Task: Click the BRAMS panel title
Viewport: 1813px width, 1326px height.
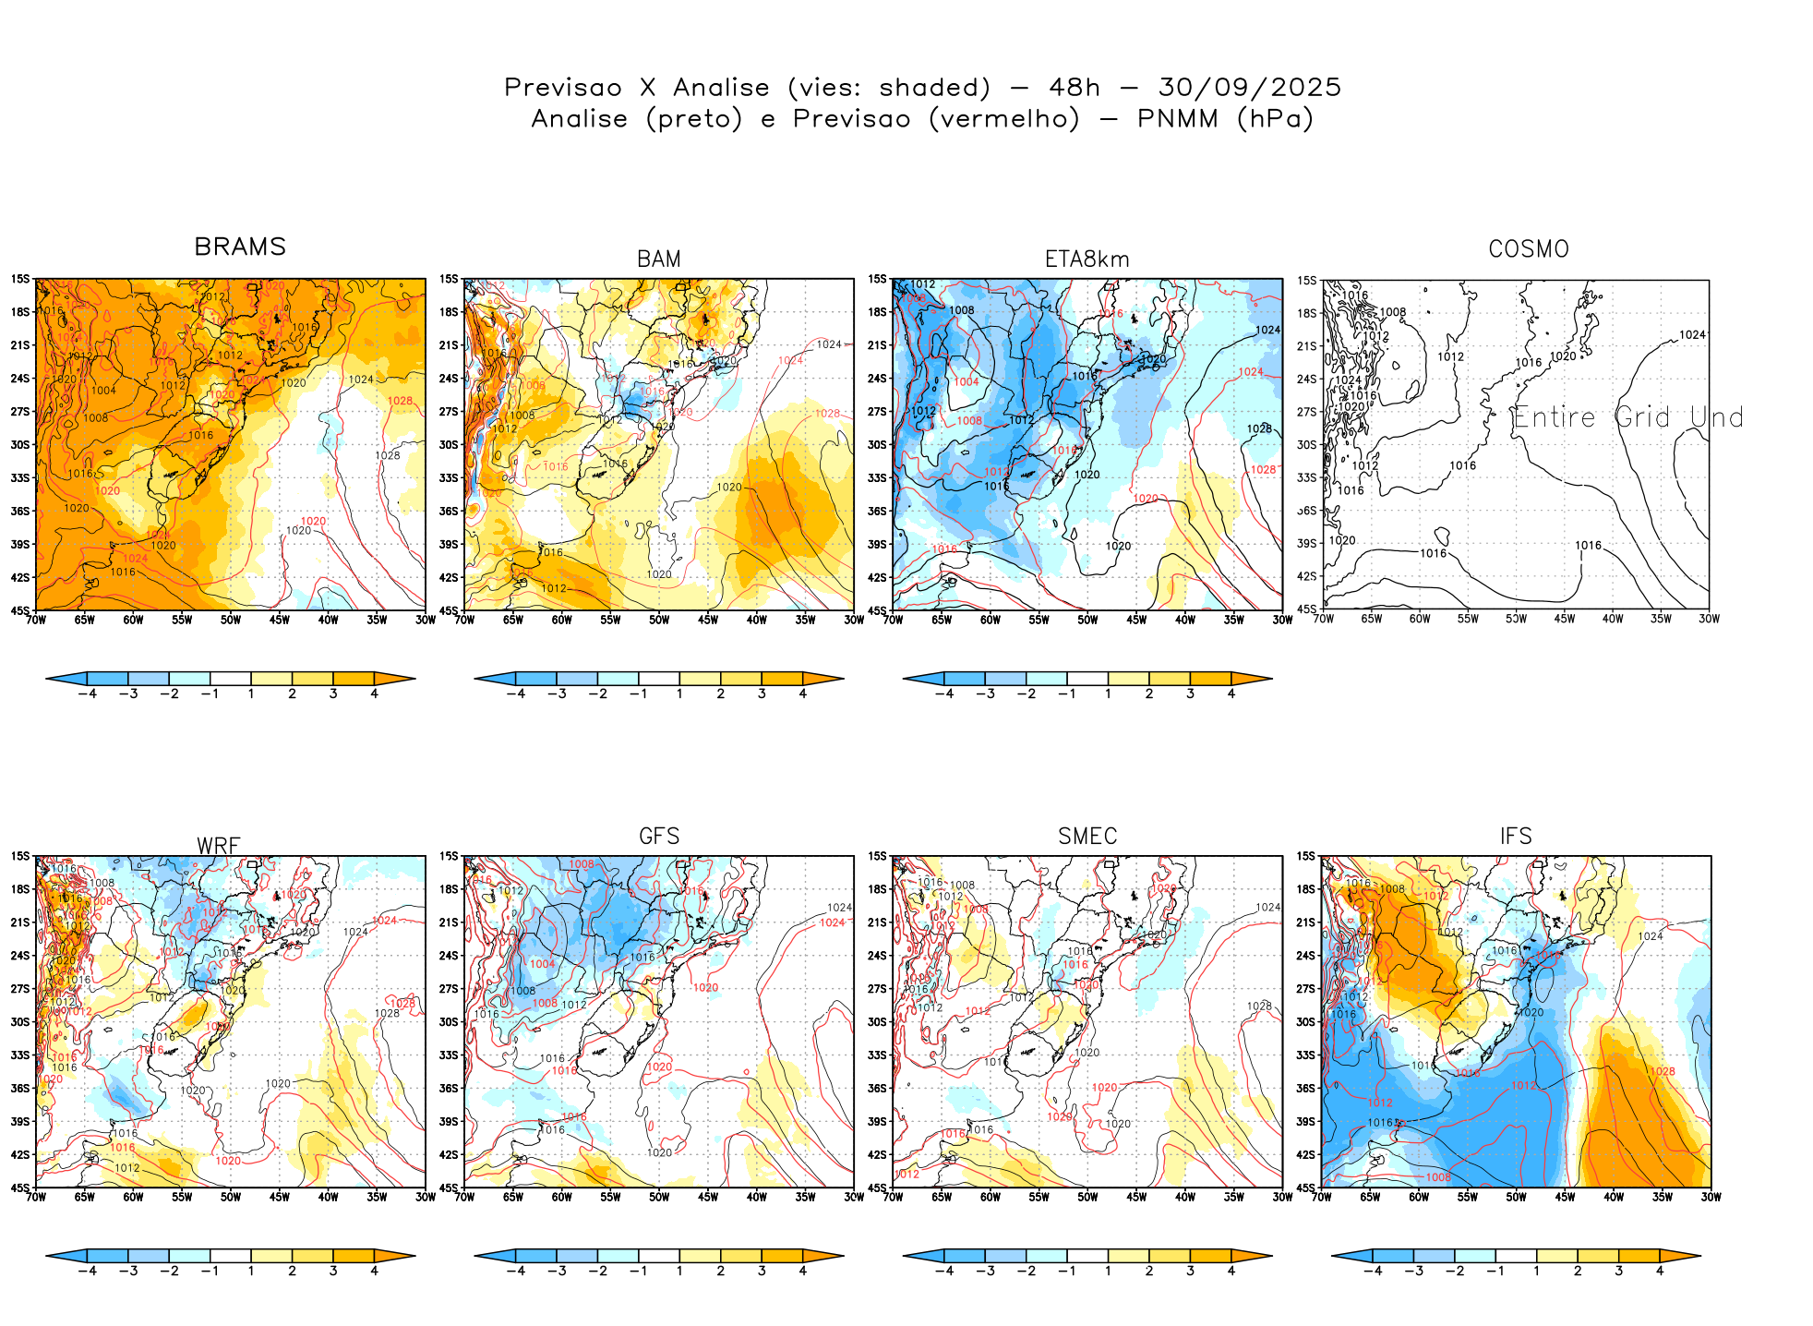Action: pyautogui.click(x=240, y=247)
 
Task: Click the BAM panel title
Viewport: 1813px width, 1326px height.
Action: pyautogui.click(x=659, y=259)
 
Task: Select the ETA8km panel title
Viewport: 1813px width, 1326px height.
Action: pyautogui.click(x=1087, y=259)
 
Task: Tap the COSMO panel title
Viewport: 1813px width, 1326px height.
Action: pyautogui.click(x=1529, y=249)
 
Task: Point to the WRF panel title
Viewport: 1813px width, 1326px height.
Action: pyautogui.click(x=219, y=846)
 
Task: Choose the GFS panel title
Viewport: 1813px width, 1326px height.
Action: pyautogui.click(x=659, y=837)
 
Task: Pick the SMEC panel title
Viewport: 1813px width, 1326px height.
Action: pyautogui.click(x=1087, y=837)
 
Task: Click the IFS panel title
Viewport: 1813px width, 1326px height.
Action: pyautogui.click(x=1516, y=837)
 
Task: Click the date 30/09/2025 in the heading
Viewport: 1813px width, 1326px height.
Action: pyautogui.click(x=1249, y=88)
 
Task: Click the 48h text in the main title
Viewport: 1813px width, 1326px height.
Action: pyautogui.click(x=1075, y=88)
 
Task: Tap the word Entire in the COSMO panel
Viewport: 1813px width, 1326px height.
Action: pyautogui.click(x=1555, y=418)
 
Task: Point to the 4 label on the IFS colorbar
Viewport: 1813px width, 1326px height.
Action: pyautogui.click(x=1660, y=1272)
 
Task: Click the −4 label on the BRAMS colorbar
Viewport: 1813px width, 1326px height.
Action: pyautogui.click(x=88, y=694)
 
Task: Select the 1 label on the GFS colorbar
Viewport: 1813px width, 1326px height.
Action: pyautogui.click(x=679, y=1272)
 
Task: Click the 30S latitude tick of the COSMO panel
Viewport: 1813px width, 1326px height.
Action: pyautogui.click(x=1307, y=445)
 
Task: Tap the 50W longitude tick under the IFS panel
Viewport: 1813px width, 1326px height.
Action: pyautogui.click(x=1516, y=1198)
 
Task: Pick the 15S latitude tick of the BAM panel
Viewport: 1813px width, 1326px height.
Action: pyautogui.click(x=449, y=279)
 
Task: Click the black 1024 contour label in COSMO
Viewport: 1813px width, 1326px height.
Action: pyautogui.click(x=1692, y=335)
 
